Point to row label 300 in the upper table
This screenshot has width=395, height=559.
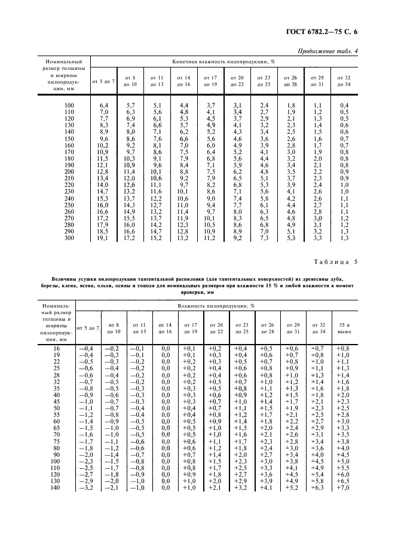click(70, 237)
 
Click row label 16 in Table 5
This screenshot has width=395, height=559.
click(57, 348)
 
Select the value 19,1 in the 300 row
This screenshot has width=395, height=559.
click(103, 237)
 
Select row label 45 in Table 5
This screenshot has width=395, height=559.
click(57, 402)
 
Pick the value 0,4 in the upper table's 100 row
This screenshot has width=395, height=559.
click(344, 105)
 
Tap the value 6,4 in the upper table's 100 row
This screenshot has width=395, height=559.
click(103, 105)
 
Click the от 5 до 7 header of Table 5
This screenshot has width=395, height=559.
click(88, 327)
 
